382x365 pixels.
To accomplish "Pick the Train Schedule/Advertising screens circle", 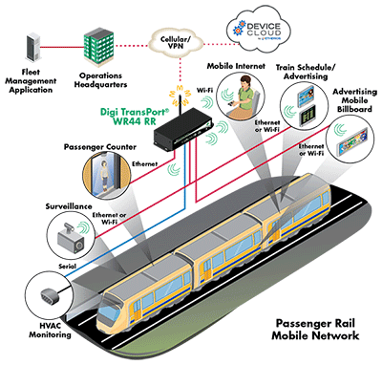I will (x=304, y=102).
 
